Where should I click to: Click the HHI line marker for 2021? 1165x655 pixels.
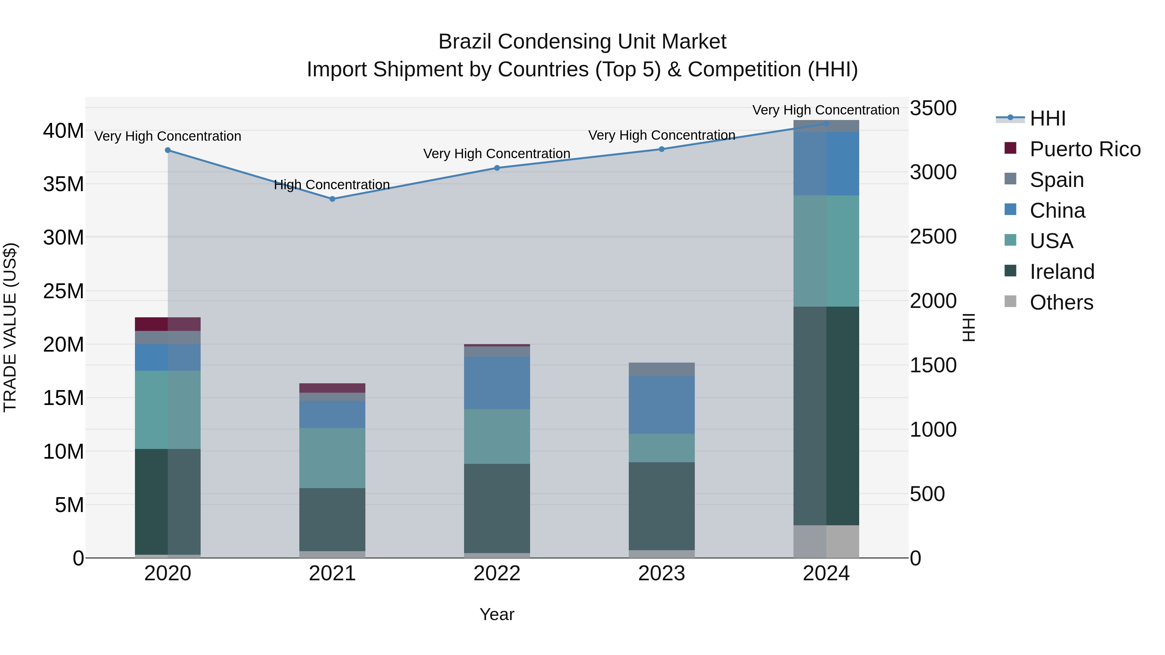point(332,199)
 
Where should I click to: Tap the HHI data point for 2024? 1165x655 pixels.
point(826,124)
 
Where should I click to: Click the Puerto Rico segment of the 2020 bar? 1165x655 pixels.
point(167,324)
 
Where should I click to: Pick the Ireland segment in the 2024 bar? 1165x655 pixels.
point(826,416)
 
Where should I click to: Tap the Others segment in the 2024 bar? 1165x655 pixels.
point(826,541)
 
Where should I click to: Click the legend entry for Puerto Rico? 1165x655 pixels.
point(1084,149)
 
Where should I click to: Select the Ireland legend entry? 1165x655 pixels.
point(1061,272)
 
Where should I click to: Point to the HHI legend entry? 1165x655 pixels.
point(1048,118)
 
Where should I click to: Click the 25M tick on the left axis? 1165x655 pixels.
point(63,291)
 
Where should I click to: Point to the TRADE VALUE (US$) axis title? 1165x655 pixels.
point(10,327)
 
